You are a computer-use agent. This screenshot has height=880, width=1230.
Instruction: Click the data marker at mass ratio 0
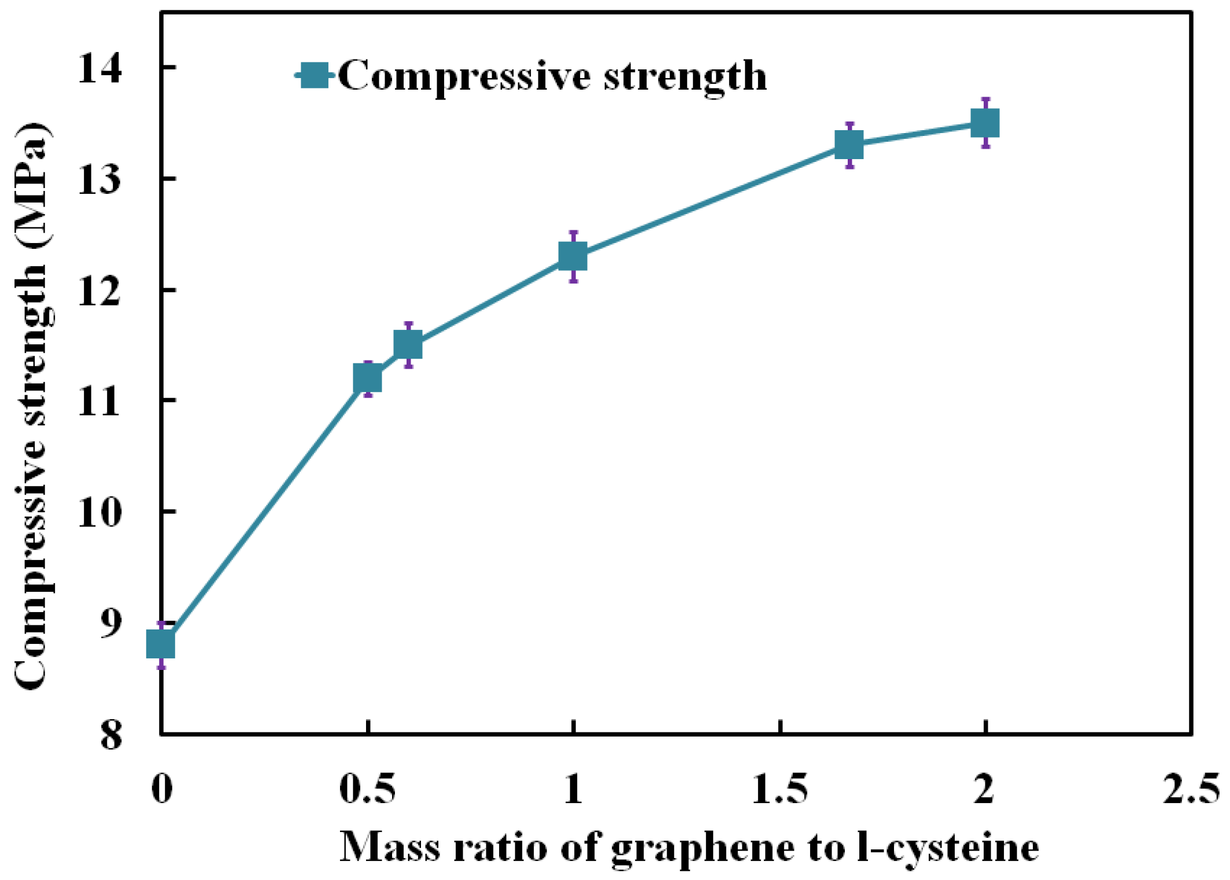pos(160,644)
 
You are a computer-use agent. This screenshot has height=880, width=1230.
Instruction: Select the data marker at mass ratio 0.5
pos(367,379)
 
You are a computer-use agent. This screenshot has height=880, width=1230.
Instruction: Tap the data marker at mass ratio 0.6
pos(408,345)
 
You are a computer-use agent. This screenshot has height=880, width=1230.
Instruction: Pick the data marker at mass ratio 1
pos(573,256)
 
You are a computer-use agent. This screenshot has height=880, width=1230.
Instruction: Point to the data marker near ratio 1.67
pos(849,145)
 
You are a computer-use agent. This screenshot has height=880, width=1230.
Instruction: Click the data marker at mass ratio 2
pos(985,123)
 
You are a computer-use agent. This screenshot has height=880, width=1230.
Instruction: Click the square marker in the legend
pos(315,75)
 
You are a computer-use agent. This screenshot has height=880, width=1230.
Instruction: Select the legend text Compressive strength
pos(552,76)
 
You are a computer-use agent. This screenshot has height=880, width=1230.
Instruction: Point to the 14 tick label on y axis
pos(100,68)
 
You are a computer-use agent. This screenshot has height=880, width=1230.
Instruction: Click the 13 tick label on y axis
pos(100,179)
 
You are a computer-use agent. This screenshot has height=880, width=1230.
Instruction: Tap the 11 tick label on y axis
pos(100,401)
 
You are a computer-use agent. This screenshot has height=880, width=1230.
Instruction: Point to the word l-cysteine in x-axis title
pos(948,848)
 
